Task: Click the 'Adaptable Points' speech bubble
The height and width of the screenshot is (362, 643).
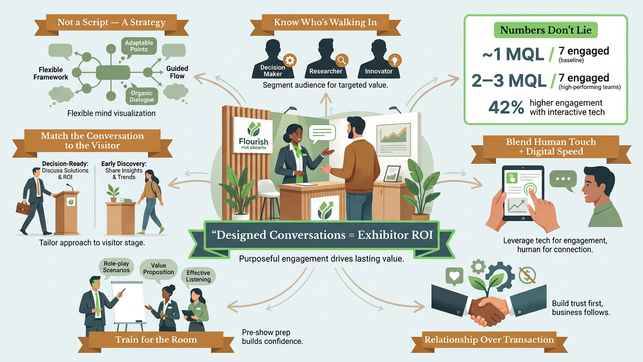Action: (x=139, y=46)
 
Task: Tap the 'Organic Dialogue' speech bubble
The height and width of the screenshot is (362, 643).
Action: (x=141, y=96)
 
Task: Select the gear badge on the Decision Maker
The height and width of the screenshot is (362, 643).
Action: (x=290, y=61)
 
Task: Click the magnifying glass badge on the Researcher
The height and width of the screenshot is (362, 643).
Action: (x=342, y=60)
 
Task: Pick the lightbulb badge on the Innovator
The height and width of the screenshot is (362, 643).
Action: (x=395, y=60)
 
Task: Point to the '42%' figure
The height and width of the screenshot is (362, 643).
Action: (x=506, y=107)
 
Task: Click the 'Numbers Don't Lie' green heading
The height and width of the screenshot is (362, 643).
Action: (x=545, y=30)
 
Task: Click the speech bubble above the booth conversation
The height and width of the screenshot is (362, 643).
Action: (x=322, y=133)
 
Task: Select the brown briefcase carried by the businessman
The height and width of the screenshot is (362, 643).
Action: (x=23, y=208)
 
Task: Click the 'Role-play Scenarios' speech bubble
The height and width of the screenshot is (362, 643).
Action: (x=116, y=267)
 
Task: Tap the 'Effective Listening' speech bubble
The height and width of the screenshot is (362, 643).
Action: (x=198, y=277)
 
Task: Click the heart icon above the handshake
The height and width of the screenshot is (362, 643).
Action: (x=455, y=276)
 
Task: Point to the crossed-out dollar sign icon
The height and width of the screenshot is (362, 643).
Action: (x=527, y=275)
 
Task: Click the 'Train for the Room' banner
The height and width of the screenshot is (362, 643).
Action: (x=156, y=340)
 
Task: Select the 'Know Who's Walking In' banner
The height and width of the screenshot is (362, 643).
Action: (x=325, y=23)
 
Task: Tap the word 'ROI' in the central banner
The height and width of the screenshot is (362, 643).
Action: (x=422, y=235)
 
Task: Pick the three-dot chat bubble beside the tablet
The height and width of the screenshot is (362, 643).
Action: (x=563, y=180)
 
